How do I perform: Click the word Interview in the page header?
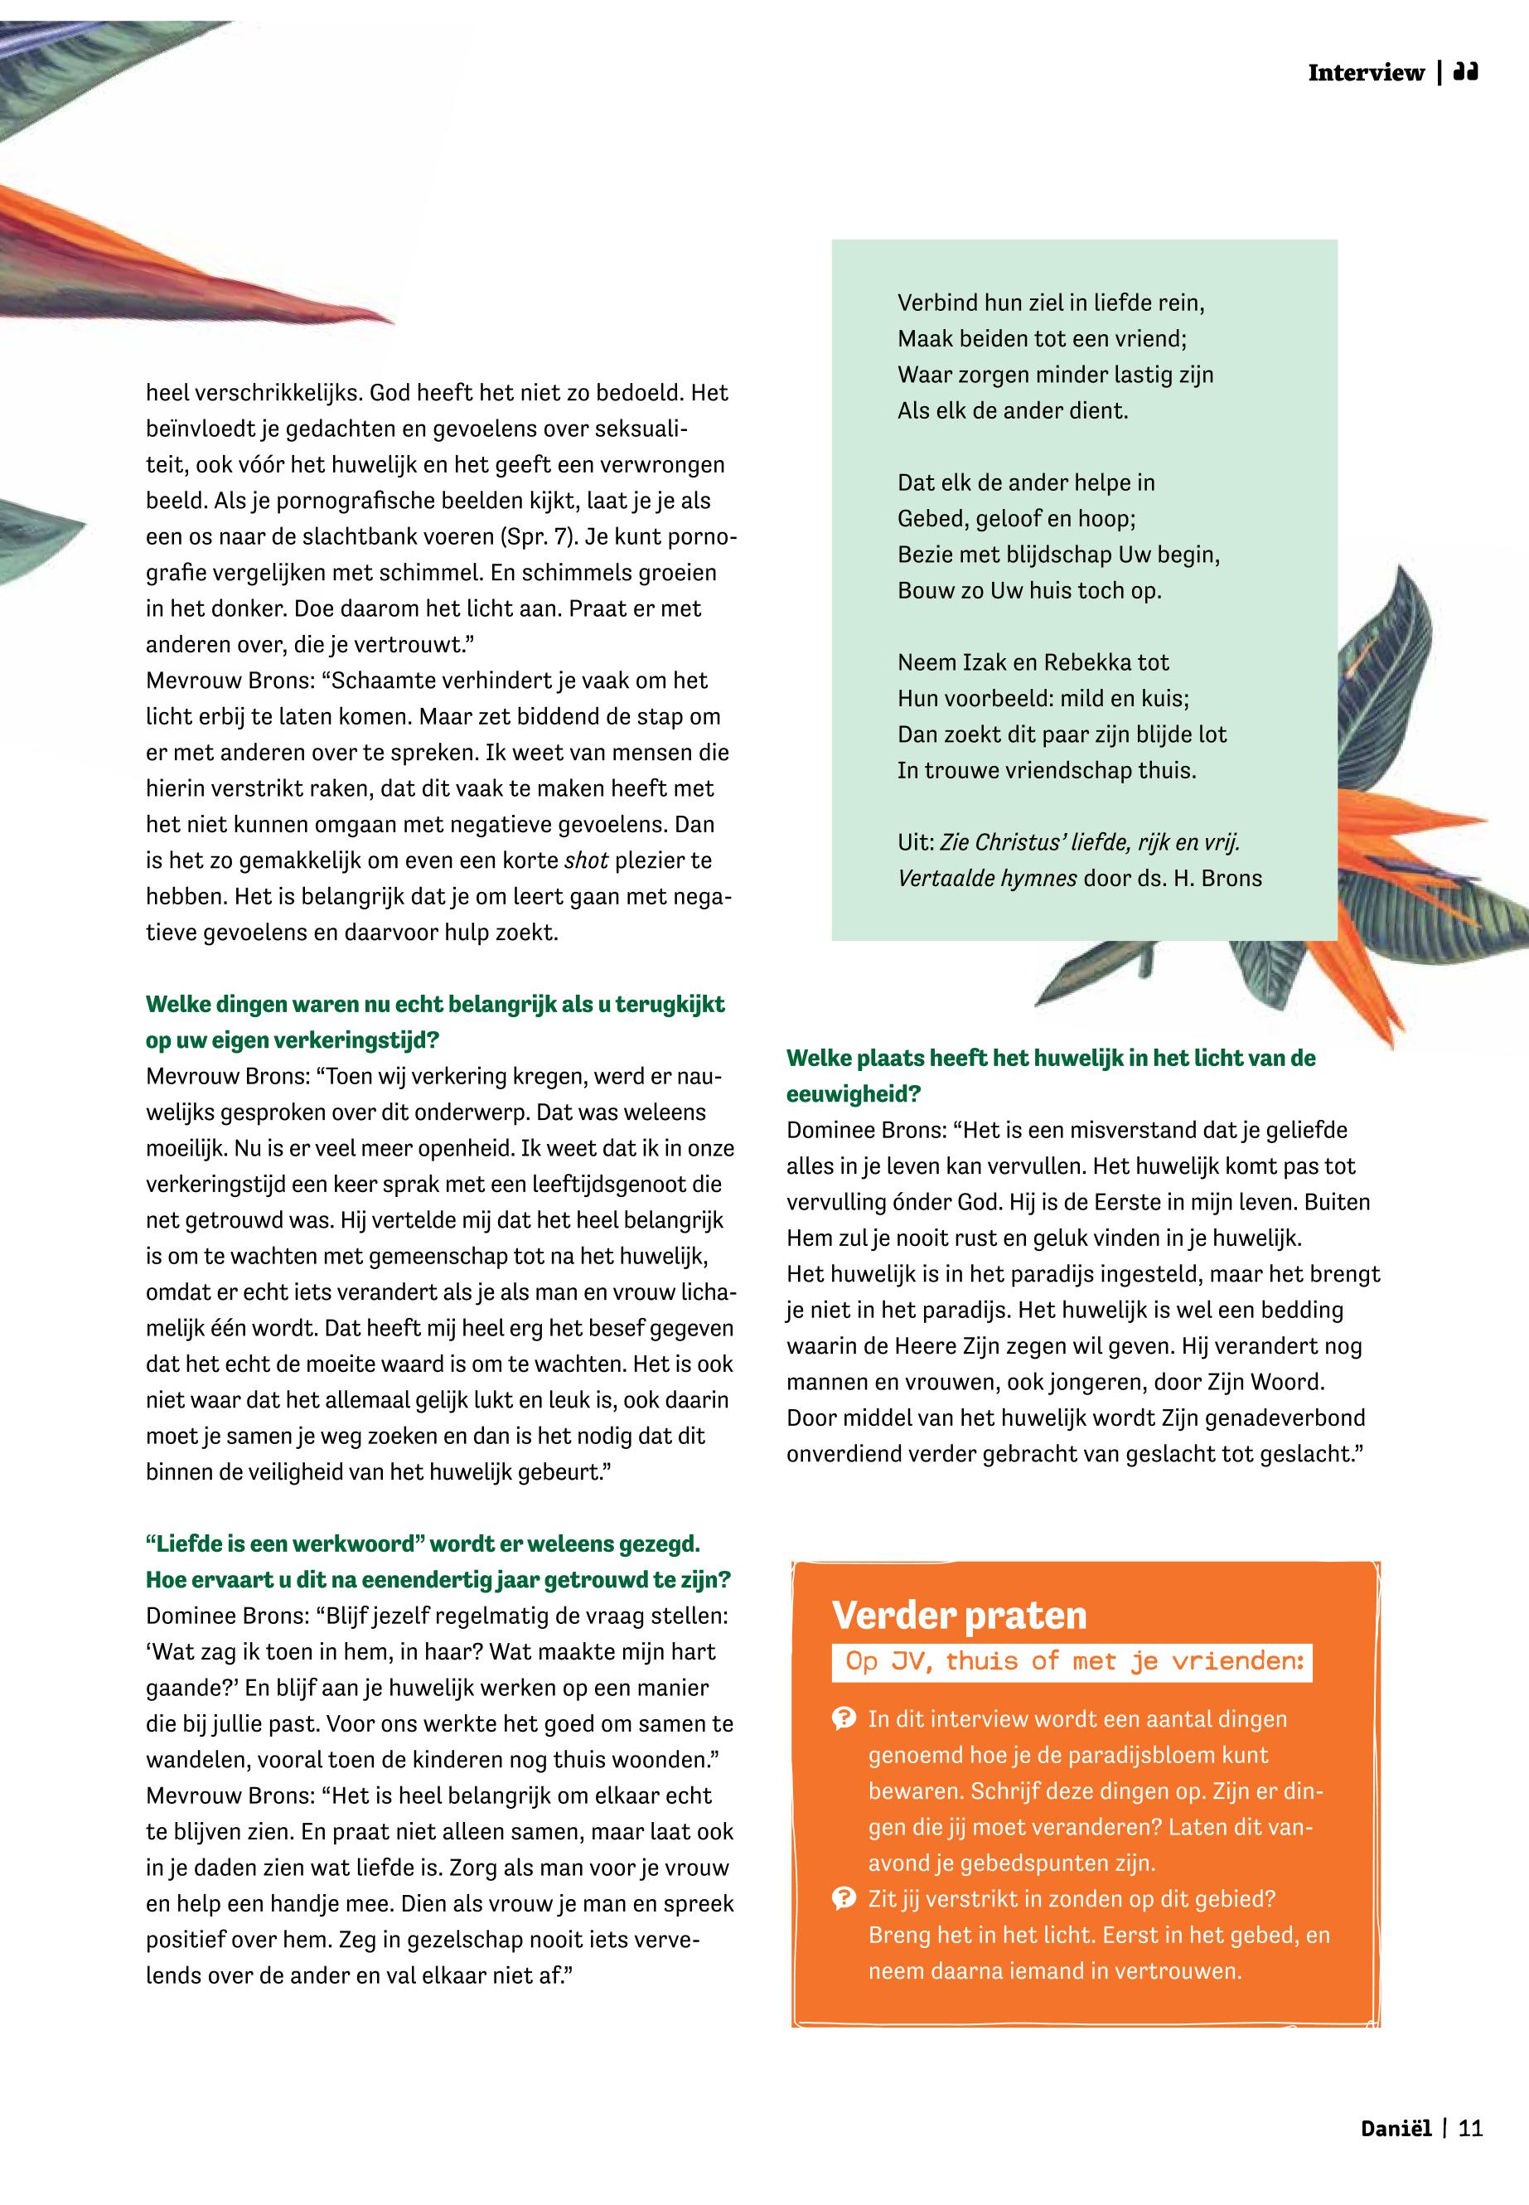click(1365, 73)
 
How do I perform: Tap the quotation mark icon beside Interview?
click(1465, 72)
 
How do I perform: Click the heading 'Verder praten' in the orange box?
click(959, 1616)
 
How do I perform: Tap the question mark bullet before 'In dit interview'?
click(843, 1719)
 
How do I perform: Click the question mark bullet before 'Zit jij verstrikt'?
click(843, 1898)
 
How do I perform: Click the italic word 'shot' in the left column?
click(586, 860)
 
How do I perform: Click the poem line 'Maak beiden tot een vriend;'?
click(1042, 338)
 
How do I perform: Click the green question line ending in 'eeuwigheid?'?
click(853, 1093)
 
